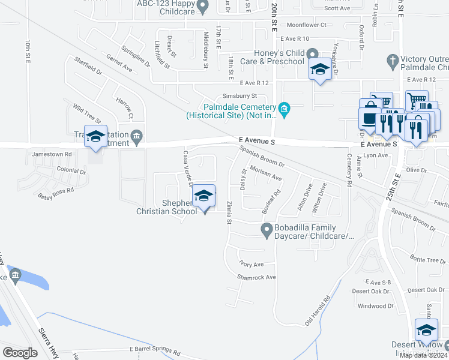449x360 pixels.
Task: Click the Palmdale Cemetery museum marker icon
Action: click(285, 109)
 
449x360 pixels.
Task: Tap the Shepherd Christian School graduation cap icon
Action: click(204, 196)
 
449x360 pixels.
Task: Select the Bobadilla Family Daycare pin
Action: click(266, 229)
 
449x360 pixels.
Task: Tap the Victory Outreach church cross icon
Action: click(393, 61)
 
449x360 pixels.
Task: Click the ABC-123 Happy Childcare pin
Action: click(203, 7)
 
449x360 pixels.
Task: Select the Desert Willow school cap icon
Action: click(427, 331)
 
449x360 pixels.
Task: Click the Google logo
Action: click(20, 352)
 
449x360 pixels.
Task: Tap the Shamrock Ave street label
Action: click(256, 277)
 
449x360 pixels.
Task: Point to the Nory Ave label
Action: click(252, 264)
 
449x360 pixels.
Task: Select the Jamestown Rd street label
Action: click(52, 154)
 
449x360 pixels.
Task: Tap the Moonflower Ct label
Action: click(306, 25)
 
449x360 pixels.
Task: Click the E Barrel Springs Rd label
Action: click(157, 349)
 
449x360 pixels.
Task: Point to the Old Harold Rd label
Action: click(318, 310)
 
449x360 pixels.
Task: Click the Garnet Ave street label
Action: click(119, 64)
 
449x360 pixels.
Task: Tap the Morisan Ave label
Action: click(266, 174)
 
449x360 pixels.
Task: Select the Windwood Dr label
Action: click(375, 306)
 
